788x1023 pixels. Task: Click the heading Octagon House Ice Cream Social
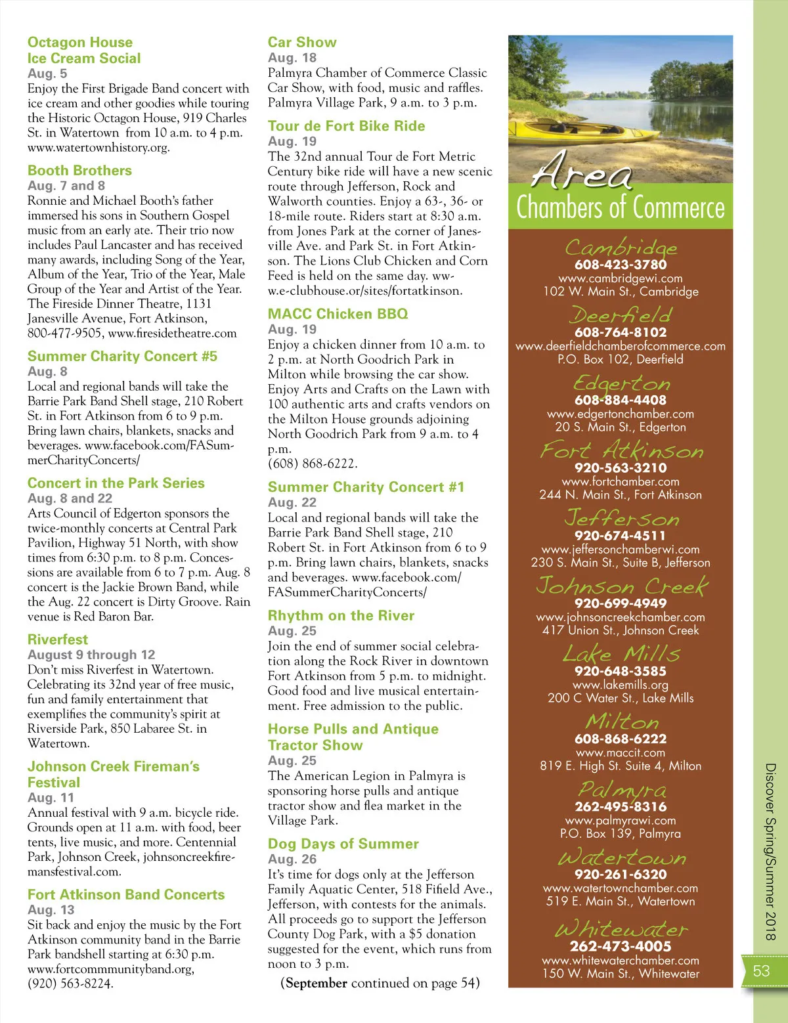tap(83, 51)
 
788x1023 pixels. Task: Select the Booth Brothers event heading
tap(79, 171)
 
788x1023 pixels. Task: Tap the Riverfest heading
tap(58, 640)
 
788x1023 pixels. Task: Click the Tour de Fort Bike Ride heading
tap(346, 126)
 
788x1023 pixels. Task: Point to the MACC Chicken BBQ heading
tap(338, 314)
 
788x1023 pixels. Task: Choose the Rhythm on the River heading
tap(341, 616)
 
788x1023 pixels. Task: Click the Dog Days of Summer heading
tap(343, 844)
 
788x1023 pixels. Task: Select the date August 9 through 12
tap(91, 655)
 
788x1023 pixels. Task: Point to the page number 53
tap(761, 971)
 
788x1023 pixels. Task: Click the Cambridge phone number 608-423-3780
tap(621, 265)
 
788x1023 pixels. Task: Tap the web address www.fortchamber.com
tap(621, 481)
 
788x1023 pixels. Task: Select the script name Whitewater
tap(621, 929)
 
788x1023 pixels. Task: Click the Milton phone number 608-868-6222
tap(621, 739)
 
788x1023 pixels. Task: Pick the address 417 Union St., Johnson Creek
tap(621, 630)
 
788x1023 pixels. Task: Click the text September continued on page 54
tap(380, 983)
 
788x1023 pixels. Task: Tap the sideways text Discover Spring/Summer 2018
tap(771, 851)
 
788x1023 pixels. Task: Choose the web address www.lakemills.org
tap(621, 685)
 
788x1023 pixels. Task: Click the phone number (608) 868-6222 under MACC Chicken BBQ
tap(312, 464)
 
